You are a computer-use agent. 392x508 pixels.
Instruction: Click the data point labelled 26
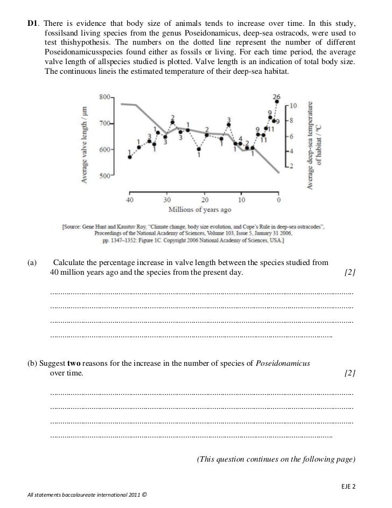click(x=276, y=103)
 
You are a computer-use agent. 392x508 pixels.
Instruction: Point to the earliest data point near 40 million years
click(x=130, y=157)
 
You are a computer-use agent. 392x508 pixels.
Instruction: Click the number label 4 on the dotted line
click(x=241, y=138)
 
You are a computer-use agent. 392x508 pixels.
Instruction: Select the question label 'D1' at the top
click(x=33, y=24)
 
